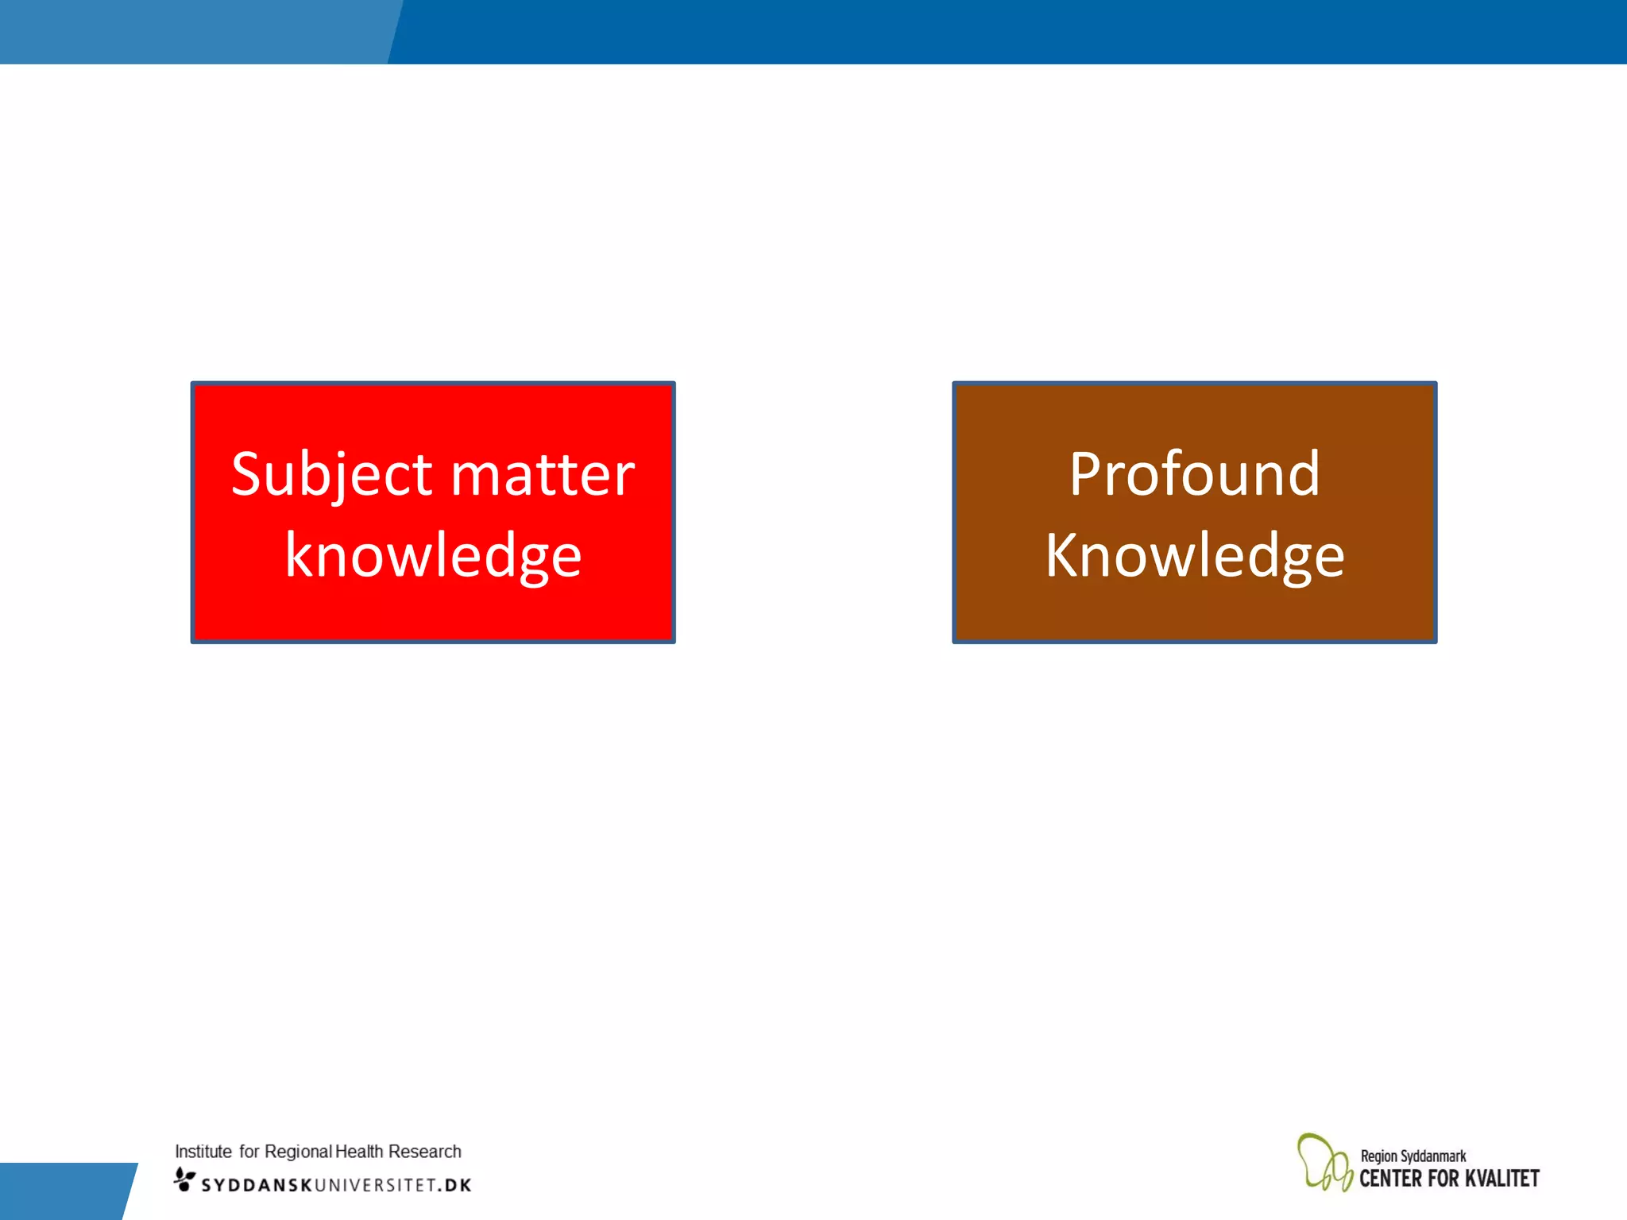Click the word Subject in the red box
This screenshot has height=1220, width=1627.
pyautogui.click(x=331, y=474)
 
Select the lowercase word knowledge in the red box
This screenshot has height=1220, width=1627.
pyautogui.click(x=433, y=555)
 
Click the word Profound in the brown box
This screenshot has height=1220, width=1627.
pyautogui.click(x=1194, y=474)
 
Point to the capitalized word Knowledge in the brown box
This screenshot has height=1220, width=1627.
pyautogui.click(x=1194, y=555)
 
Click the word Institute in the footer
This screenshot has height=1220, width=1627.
pyautogui.click(x=203, y=1152)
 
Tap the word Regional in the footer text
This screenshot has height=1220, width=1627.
pyautogui.click(x=298, y=1152)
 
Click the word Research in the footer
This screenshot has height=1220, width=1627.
pyautogui.click(x=424, y=1152)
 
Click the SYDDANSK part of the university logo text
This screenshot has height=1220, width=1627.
pyautogui.click(x=257, y=1185)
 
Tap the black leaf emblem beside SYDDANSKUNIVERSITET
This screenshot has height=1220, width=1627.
pyautogui.click(x=184, y=1179)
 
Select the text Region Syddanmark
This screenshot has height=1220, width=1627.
pyautogui.click(x=1413, y=1156)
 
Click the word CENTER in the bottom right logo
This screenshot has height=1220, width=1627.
pyautogui.click(x=1390, y=1179)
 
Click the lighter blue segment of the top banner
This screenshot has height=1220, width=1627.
pyautogui.click(x=191, y=32)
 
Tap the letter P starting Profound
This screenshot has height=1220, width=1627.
pyautogui.click(x=1085, y=474)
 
